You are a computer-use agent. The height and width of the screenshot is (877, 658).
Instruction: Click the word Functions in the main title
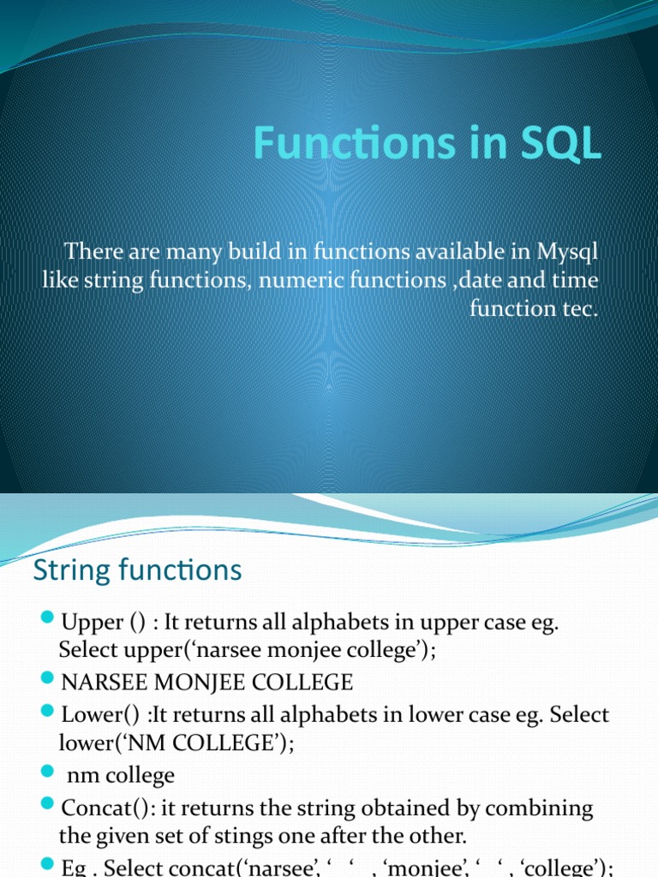[355, 143]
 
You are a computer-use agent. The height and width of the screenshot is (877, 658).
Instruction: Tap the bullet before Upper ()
[48, 618]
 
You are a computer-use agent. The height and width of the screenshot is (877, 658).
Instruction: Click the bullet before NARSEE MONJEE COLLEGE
[48, 678]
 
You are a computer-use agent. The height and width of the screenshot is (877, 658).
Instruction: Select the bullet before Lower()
[48, 711]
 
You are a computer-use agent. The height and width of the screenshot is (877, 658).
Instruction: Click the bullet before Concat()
[48, 804]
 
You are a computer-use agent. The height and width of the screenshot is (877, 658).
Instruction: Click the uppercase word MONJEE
[199, 683]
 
